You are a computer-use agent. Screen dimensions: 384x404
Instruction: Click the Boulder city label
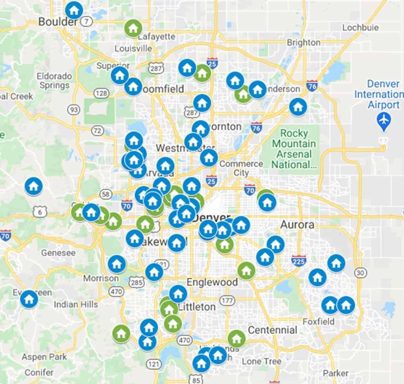click(57, 21)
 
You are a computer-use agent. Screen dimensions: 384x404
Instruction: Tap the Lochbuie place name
click(360, 27)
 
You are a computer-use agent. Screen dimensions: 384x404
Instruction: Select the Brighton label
click(303, 42)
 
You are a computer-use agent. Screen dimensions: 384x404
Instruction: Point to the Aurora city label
click(297, 225)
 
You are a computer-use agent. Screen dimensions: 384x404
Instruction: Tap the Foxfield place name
click(319, 321)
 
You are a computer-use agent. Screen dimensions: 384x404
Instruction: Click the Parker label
click(336, 373)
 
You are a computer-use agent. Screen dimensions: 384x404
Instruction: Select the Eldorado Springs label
click(54, 80)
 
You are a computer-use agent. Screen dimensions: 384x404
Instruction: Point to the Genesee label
click(58, 253)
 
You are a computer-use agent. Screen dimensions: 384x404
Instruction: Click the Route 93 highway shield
click(74, 109)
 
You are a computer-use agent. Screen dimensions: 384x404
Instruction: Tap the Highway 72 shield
click(97, 130)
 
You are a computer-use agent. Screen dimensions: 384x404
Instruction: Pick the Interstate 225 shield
click(299, 261)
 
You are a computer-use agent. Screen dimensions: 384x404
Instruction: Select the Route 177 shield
click(227, 300)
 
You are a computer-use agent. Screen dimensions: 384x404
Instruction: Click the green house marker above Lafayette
click(133, 28)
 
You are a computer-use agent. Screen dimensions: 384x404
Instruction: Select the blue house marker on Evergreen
click(29, 299)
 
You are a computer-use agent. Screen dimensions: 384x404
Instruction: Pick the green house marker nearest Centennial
click(236, 338)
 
